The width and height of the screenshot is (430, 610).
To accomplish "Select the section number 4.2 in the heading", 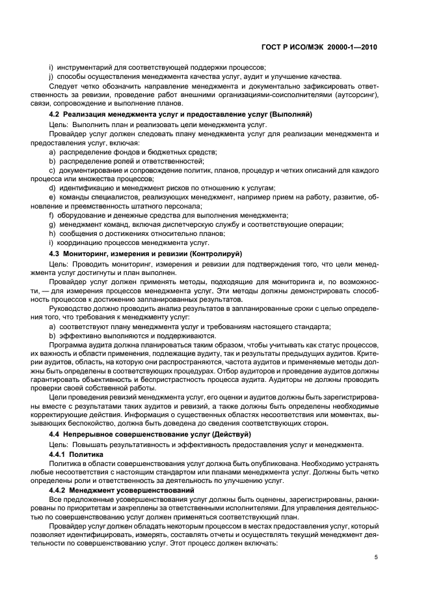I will [x=55, y=114].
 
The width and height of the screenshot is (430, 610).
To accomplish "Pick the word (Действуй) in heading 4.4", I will [x=215, y=434].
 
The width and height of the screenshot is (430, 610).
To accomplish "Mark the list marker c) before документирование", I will [x=52, y=170].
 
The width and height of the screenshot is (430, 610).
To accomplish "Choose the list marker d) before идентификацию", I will [x=52, y=188].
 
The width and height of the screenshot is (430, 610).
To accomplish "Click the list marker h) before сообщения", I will [x=52, y=233].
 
